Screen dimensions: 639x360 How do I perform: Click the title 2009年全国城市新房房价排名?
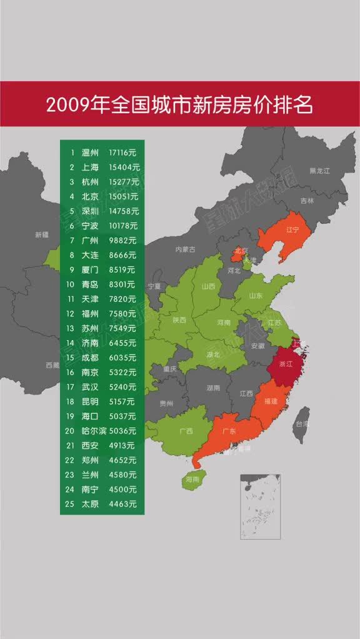click(179, 104)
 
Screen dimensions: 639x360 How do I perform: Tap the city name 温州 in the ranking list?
click(90, 153)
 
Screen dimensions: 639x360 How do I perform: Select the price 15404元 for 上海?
click(124, 168)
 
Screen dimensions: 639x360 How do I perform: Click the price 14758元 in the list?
click(124, 211)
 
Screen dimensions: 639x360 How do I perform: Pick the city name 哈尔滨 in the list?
click(94, 431)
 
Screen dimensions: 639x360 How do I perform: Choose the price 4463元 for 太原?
click(122, 503)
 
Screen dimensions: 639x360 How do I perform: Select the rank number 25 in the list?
click(72, 503)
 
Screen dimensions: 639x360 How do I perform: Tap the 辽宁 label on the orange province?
click(293, 229)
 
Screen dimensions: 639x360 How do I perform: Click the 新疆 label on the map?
click(41, 235)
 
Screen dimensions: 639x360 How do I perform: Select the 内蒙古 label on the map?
click(185, 249)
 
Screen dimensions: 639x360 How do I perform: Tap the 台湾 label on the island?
click(302, 423)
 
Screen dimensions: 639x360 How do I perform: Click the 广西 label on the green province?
click(186, 431)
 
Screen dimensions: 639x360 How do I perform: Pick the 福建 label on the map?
click(271, 400)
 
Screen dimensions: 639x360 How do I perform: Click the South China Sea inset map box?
click(259, 506)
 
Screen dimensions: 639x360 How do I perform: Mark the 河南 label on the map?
click(223, 323)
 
